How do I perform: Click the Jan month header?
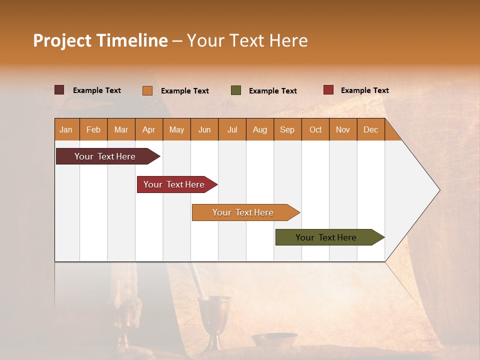(66, 129)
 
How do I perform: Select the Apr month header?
(149, 129)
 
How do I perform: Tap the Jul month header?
(232, 129)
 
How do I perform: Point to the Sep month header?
(287, 129)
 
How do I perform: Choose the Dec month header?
(371, 129)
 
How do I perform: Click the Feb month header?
(93, 129)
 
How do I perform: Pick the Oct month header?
(315, 129)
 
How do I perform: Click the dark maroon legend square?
(59, 90)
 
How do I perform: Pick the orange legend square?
(147, 90)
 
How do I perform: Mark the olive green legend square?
(236, 90)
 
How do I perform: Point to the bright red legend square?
(328, 90)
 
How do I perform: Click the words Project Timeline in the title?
(100, 40)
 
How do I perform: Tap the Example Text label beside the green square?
(273, 91)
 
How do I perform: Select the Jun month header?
(204, 129)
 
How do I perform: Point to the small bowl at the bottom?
(274, 340)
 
